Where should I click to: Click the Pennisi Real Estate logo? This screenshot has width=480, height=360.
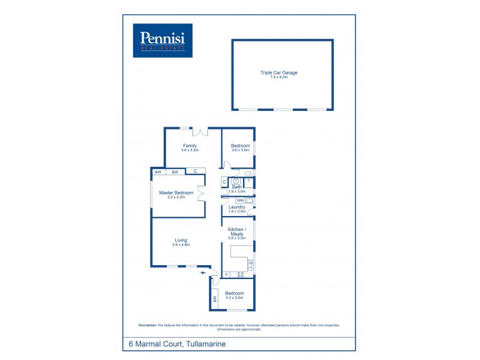163,40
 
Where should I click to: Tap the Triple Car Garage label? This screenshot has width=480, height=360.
279,73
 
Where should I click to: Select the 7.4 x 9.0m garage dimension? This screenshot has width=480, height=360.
279,77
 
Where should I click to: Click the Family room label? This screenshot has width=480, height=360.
190,145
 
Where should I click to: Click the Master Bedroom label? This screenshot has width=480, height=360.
176,193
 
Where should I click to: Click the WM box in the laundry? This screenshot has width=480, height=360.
240,200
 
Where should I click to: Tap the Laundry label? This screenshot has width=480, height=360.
237,207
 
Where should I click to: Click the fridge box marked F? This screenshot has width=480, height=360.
227,275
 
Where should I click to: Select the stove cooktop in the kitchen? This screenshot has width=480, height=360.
241,275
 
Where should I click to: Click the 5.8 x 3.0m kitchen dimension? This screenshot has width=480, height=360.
237,238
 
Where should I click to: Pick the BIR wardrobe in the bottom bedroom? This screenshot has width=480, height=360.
214,298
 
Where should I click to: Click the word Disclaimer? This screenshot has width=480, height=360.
148,325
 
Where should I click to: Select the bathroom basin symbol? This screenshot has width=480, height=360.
236,180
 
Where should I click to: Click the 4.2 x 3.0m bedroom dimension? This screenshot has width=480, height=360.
234,298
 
